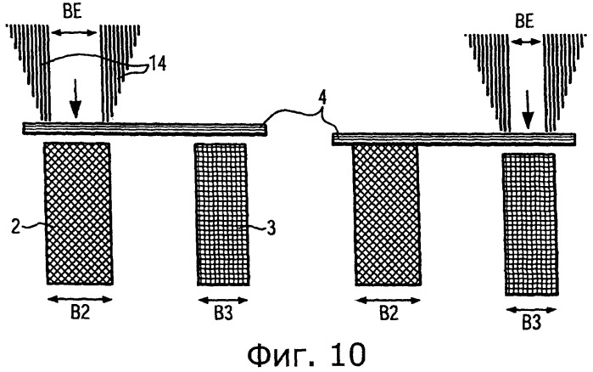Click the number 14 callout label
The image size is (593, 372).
pyautogui.click(x=158, y=64)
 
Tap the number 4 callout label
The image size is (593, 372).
pyautogui.click(x=322, y=99)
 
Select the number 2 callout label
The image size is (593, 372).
pyautogui.click(x=15, y=226)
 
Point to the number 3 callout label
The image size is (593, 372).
pyautogui.click(x=271, y=228)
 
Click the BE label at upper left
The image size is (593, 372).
pyautogui.click(x=72, y=12)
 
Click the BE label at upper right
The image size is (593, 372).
pyautogui.click(x=524, y=21)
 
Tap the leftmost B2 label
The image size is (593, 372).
pyautogui.click(x=81, y=313)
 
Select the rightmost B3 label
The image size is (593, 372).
pyautogui.click(x=531, y=324)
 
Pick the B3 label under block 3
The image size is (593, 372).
pyautogui.click(x=223, y=313)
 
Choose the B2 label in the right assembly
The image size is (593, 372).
pyautogui.click(x=389, y=313)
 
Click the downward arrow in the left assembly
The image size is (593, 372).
pyautogui.click(x=76, y=98)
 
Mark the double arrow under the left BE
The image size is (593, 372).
pyautogui.click(x=74, y=32)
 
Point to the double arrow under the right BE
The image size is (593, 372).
pyautogui.click(x=526, y=42)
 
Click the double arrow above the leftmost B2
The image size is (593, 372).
pyautogui.click(x=81, y=299)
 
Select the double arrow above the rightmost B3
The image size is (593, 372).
pyautogui.click(x=531, y=310)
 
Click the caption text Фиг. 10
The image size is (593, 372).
pyautogui.click(x=306, y=355)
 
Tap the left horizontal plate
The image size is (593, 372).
pyautogui.click(x=144, y=128)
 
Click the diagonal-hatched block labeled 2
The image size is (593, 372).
pyautogui.click(x=79, y=213)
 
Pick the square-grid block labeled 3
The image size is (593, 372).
pyautogui.click(x=222, y=215)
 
